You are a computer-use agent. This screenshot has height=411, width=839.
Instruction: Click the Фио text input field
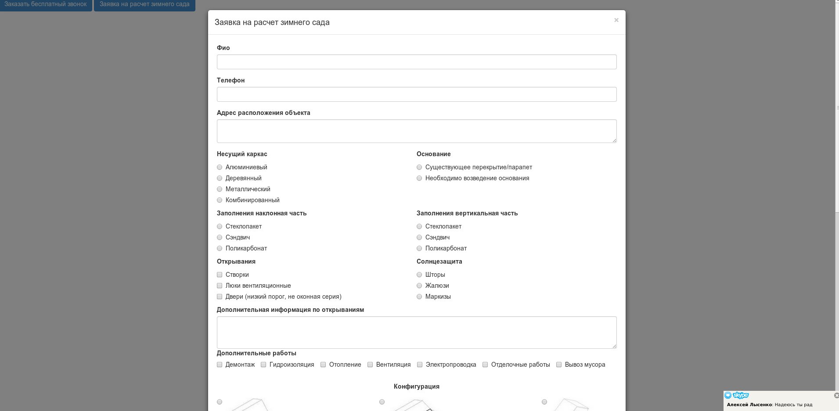coord(416,62)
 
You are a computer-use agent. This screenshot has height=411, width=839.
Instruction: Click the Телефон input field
coord(416,94)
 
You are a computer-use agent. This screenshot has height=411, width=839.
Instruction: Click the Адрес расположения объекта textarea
coord(416,131)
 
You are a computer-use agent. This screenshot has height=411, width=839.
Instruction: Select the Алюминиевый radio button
coord(220,167)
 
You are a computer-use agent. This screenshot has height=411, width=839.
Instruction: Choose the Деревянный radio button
coord(220,178)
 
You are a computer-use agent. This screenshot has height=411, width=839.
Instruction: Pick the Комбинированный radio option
coord(220,200)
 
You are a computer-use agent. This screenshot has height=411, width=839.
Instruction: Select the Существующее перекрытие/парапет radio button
coord(419,167)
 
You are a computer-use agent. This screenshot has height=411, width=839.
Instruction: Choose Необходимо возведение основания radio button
coord(419,178)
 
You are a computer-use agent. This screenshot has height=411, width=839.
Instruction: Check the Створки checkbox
coord(220,275)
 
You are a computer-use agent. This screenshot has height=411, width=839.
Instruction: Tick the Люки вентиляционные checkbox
coord(220,286)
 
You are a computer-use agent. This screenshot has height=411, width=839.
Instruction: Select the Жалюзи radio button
coord(419,286)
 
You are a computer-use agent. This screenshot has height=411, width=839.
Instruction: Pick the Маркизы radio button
coord(419,297)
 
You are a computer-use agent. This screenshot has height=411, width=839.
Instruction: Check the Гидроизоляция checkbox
coord(263,365)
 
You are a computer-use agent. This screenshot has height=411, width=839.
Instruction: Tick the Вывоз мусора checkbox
coord(559,365)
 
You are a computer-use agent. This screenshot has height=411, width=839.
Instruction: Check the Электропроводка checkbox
coord(420,365)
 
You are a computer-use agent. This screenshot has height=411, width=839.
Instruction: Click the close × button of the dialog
coord(616,20)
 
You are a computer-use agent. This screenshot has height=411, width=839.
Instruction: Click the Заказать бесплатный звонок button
coord(46,4)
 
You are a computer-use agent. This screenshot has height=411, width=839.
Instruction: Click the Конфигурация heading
coord(416,386)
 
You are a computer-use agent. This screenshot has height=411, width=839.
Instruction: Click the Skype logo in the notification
coord(737,395)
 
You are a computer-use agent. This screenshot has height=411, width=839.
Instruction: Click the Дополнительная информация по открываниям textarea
coord(416,332)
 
